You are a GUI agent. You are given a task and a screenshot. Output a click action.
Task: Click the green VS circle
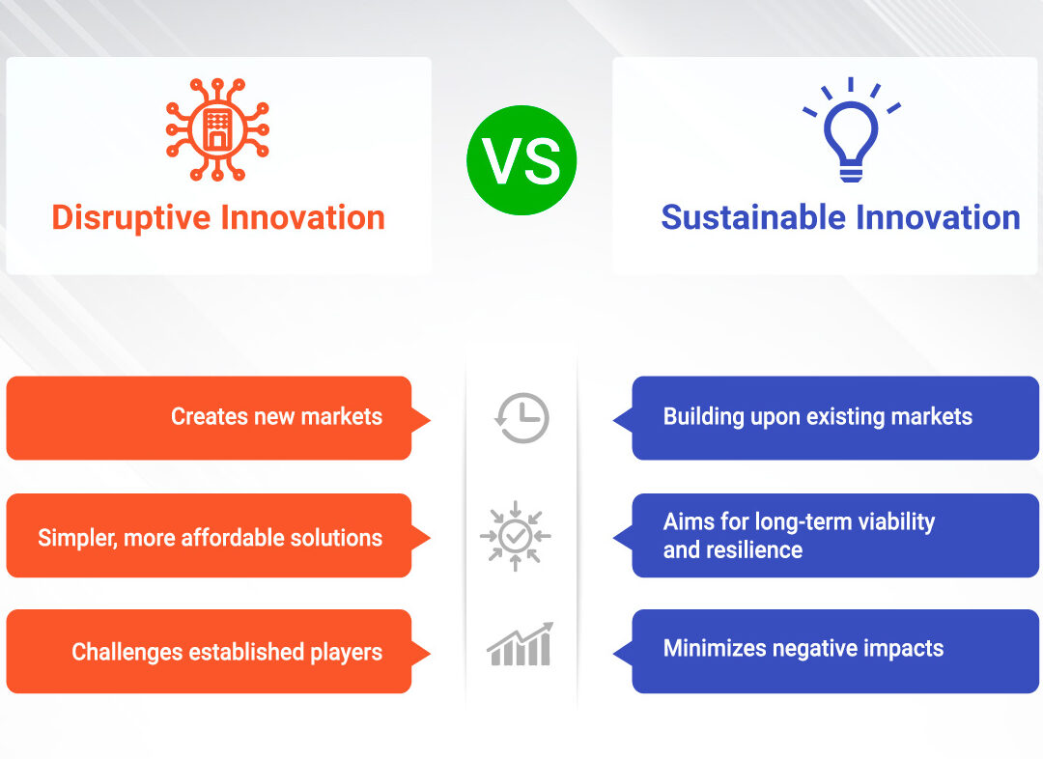pos(521,160)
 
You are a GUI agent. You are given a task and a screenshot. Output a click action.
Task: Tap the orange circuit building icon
pos(217,129)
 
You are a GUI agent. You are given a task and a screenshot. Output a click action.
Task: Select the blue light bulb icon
pos(852,130)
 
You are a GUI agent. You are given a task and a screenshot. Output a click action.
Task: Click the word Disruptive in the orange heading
pos(131,218)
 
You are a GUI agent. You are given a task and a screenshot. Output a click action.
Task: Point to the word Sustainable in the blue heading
pos(753,217)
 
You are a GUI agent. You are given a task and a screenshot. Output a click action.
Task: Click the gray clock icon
pos(522,418)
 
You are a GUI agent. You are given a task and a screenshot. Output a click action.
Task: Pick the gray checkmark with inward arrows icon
pos(516,536)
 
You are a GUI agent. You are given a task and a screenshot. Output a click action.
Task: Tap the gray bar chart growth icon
pos(520,644)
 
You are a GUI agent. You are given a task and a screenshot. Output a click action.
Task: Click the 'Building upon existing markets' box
pos(826,418)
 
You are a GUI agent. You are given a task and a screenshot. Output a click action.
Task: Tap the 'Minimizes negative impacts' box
pos(826,651)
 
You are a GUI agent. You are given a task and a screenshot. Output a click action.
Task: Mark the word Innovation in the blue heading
pos(938,217)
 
